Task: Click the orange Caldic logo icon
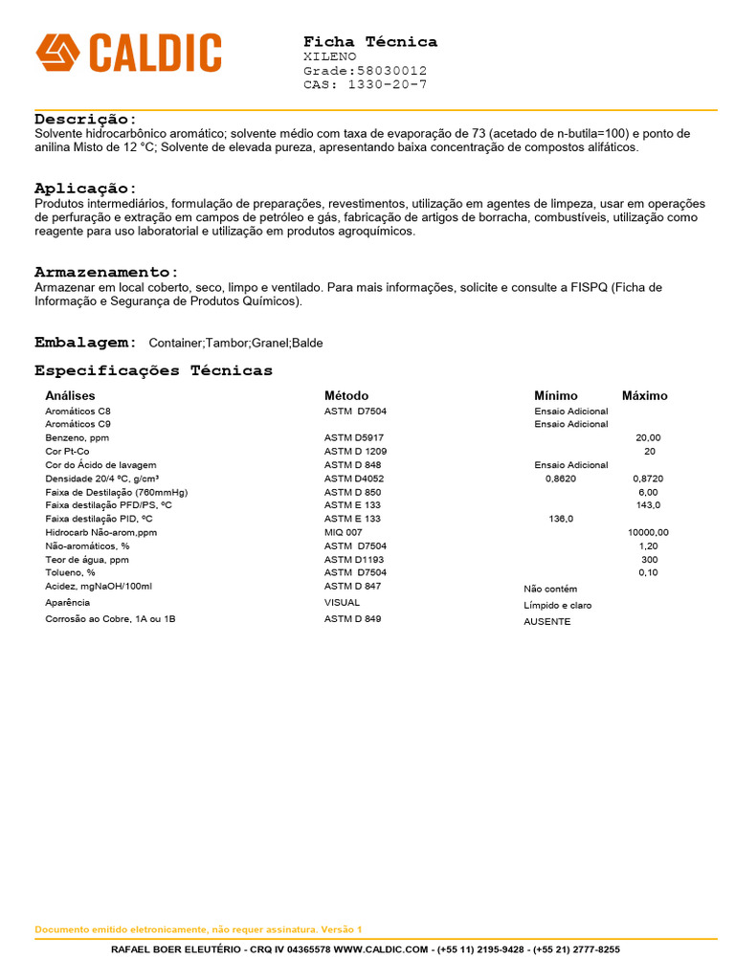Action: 57,52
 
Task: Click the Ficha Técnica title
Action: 370,41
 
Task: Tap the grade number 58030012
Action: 391,71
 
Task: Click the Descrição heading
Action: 86,119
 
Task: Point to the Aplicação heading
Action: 86,189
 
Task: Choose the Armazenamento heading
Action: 106,272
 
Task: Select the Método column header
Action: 346,395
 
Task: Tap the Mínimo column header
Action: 556,395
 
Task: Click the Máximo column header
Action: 645,395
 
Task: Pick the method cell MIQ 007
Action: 344,532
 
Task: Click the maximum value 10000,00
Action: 648,532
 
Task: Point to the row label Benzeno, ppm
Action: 78,437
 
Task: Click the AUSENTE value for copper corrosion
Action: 546,621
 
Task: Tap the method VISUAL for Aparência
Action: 343,603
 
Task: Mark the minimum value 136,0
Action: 561,519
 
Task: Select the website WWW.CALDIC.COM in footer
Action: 381,949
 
